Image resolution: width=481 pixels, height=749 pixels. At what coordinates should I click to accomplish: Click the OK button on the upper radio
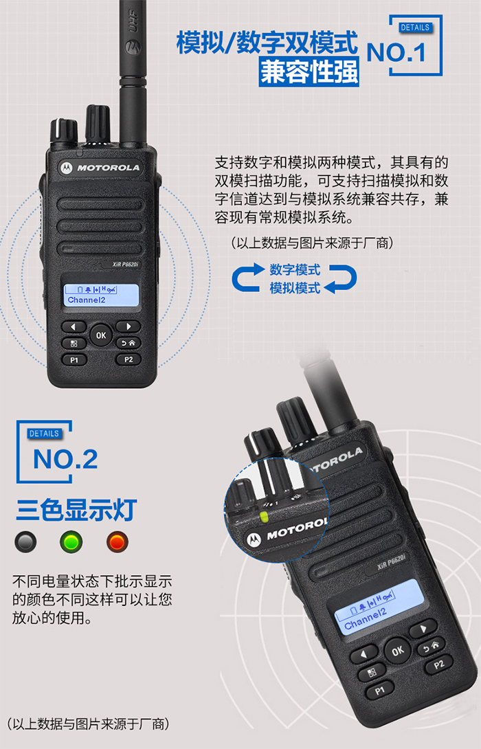click(101, 335)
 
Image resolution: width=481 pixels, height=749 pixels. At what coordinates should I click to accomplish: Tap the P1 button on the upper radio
click(74, 359)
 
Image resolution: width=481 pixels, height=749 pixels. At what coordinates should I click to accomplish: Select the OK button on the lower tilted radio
click(397, 649)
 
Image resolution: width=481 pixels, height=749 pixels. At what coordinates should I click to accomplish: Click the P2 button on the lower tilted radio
click(438, 664)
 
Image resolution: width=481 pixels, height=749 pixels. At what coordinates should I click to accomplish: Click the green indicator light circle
click(70, 542)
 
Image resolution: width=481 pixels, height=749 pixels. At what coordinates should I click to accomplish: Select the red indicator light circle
click(117, 542)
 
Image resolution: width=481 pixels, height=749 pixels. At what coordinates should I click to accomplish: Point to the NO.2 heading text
click(65, 460)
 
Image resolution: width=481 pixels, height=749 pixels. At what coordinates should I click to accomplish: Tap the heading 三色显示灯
click(77, 511)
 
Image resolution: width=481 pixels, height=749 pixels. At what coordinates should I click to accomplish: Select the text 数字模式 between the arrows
click(295, 269)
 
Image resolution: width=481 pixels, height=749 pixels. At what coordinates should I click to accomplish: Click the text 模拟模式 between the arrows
click(295, 288)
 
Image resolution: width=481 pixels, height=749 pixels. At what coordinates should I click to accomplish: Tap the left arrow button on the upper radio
click(74, 326)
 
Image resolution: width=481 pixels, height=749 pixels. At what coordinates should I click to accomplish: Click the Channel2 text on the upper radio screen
click(87, 300)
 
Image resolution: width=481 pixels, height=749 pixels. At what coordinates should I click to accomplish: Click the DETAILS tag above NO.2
click(44, 434)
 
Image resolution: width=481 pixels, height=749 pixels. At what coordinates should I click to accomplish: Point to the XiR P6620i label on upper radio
click(125, 264)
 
